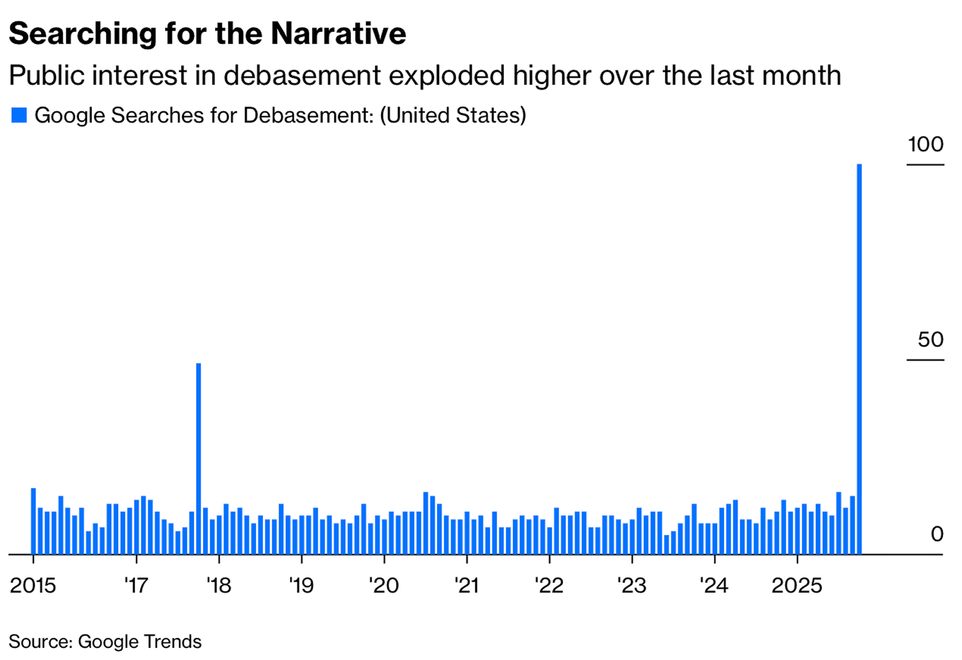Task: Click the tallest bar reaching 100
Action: [x=859, y=359]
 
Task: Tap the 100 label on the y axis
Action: [x=925, y=144]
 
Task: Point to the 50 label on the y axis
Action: [x=930, y=339]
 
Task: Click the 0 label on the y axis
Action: [x=937, y=534]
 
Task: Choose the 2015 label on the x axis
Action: [x=33, y=585]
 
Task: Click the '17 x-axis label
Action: [x=136, y=585]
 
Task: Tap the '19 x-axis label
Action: [x=301, y=585]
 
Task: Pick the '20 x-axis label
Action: [x=384, y=585]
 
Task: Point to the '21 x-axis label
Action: [x=467, y=585]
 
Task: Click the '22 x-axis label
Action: [x=549, y=585]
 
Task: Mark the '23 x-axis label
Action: [x=632, y=585]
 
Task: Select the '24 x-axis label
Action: [x=714, y=585]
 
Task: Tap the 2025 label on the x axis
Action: [x=796, y=585]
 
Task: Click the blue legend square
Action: [x=19, y=115]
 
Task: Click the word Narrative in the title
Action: [x=338, y=33]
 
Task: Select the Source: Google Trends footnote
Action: [x=105, y=641]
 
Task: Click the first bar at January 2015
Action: [x=33, y=521]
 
